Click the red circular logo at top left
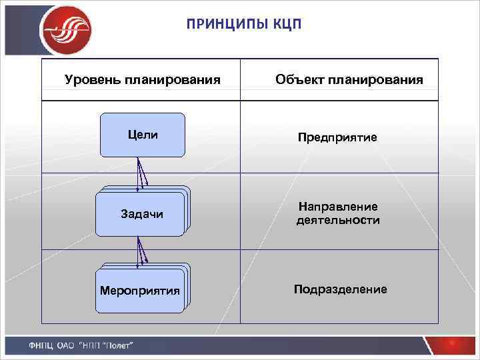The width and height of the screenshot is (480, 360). (x=65, y=29)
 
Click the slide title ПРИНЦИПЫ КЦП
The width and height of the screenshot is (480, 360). (x=244, y=25)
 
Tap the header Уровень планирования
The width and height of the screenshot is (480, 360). (x=142, y=80)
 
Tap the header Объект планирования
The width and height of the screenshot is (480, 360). (x=349, y=80)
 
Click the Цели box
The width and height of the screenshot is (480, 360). (x=143, y=135)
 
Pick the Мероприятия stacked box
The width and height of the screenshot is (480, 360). (x=140, y=291)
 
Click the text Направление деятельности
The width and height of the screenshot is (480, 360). (x=338, y=213)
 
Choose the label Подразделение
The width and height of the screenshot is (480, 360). (x=340, y=289)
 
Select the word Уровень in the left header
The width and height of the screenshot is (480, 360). (x=90, y=80)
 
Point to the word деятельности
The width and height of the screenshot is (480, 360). (x=338, y=220)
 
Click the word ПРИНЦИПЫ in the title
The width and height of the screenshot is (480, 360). (x=223, y=25)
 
